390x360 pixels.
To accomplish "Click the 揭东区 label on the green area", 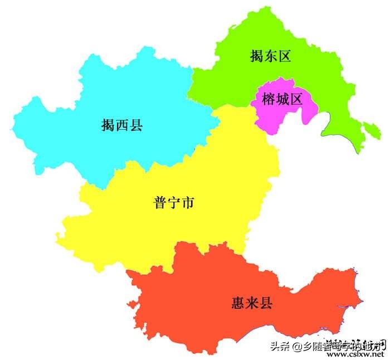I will point(271,56).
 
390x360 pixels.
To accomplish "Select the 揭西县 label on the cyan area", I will point(122,125).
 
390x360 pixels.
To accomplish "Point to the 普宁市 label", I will point(174,203).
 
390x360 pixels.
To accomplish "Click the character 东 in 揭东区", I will point(271,56).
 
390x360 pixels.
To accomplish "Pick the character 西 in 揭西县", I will point(122,125).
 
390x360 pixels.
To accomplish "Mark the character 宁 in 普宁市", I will point(174,203).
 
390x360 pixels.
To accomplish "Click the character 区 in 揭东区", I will point(285,56).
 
